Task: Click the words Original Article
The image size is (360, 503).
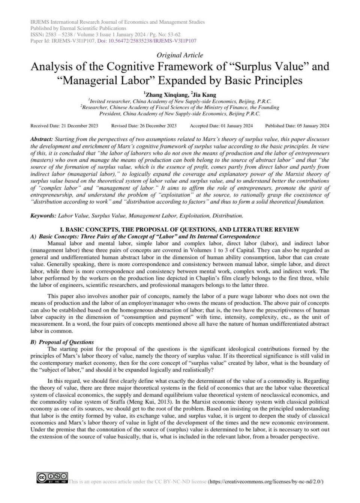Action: [180, 55]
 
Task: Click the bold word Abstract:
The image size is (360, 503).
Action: [42, 139]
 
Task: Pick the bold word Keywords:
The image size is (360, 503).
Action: [43, 216]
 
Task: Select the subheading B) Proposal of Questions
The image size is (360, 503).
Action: [62, 342]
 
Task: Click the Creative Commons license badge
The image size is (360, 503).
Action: [52, 478]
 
